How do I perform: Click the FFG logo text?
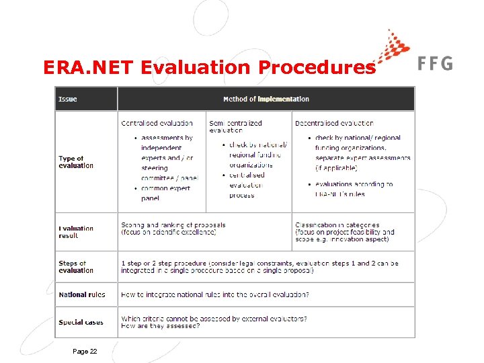pyautogui.click(x=435, y=64)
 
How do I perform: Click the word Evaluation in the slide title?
pyautogui.click(x=198, y=68)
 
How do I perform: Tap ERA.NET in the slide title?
pyautogui.click(x=89, y=68)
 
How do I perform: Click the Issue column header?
pyautogui.click(x=68, y=99)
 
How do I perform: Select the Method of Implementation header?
pyautogui.click(x=266, y=99)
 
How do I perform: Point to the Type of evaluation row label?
pyautogui.click(x=76, y=162)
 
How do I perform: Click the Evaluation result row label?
pyautogui.click(x=76, y=232)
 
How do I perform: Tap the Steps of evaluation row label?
pyautogui.click(x=76, y=267)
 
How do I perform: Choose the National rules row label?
pyautogui.click(x=81, y=294)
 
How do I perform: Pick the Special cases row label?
pyautogui.click(x=81, y=322)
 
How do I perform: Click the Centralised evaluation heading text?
pyautogui.click(x=157, y=123)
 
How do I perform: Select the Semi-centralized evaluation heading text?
pyautogui.click(x=235, y=127)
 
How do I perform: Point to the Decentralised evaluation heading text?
pyautogui.click(x=334, y=123)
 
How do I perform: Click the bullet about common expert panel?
pyautogui.click(x=165, y=193)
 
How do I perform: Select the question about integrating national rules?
pyautogui.click(x=215, y=294)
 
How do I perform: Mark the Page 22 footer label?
pyautogui.click(x=85, y=351)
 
